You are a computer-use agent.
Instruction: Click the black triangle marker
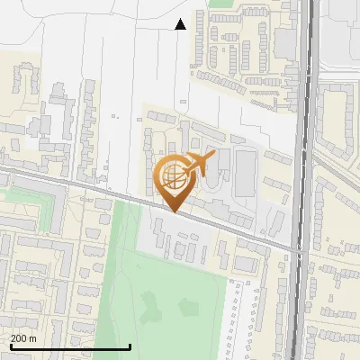point(181,24)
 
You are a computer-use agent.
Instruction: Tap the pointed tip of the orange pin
point(175,211)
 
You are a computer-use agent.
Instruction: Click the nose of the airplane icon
point(211,156)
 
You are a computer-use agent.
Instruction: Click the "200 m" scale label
point(23,338)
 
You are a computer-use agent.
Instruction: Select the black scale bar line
point(70,346)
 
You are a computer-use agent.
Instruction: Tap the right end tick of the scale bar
point(130,345)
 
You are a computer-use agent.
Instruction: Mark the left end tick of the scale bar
point(10,345)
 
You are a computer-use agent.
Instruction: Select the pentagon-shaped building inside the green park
point(188,306)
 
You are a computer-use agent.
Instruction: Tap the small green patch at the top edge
point(220,4)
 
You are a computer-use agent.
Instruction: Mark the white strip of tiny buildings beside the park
point(238,319)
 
